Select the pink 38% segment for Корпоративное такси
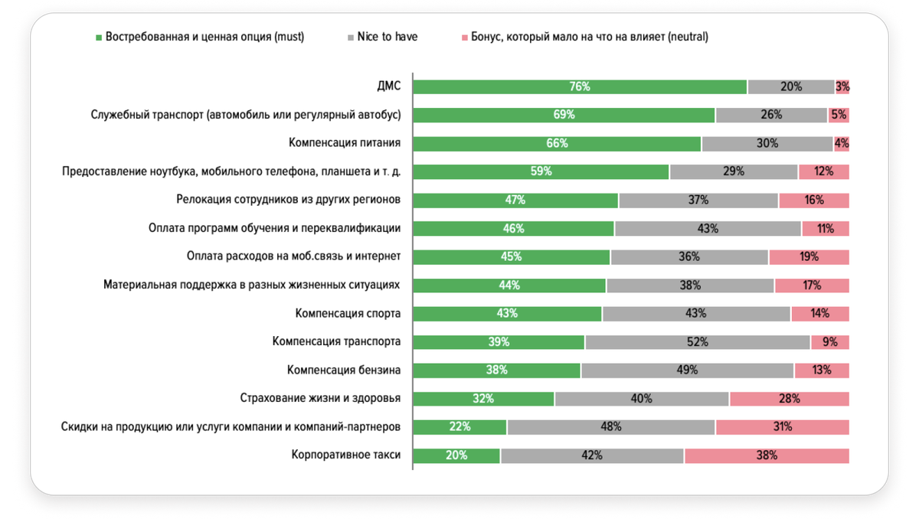(767, 455)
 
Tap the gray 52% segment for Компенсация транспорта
(697, 342)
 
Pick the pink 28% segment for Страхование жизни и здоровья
(790, 399)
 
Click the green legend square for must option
(98, 37)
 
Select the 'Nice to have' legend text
(388, 37)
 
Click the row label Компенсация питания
(345, 143)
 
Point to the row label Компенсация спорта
(348, 313)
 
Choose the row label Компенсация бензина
(344, 370)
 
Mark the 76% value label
(580, 87)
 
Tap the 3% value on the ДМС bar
(842, 87)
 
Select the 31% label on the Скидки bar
(782, 427)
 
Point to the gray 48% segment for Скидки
(610, 427)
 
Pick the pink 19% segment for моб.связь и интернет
(809, 256)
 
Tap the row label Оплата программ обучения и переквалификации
(274, 228)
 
